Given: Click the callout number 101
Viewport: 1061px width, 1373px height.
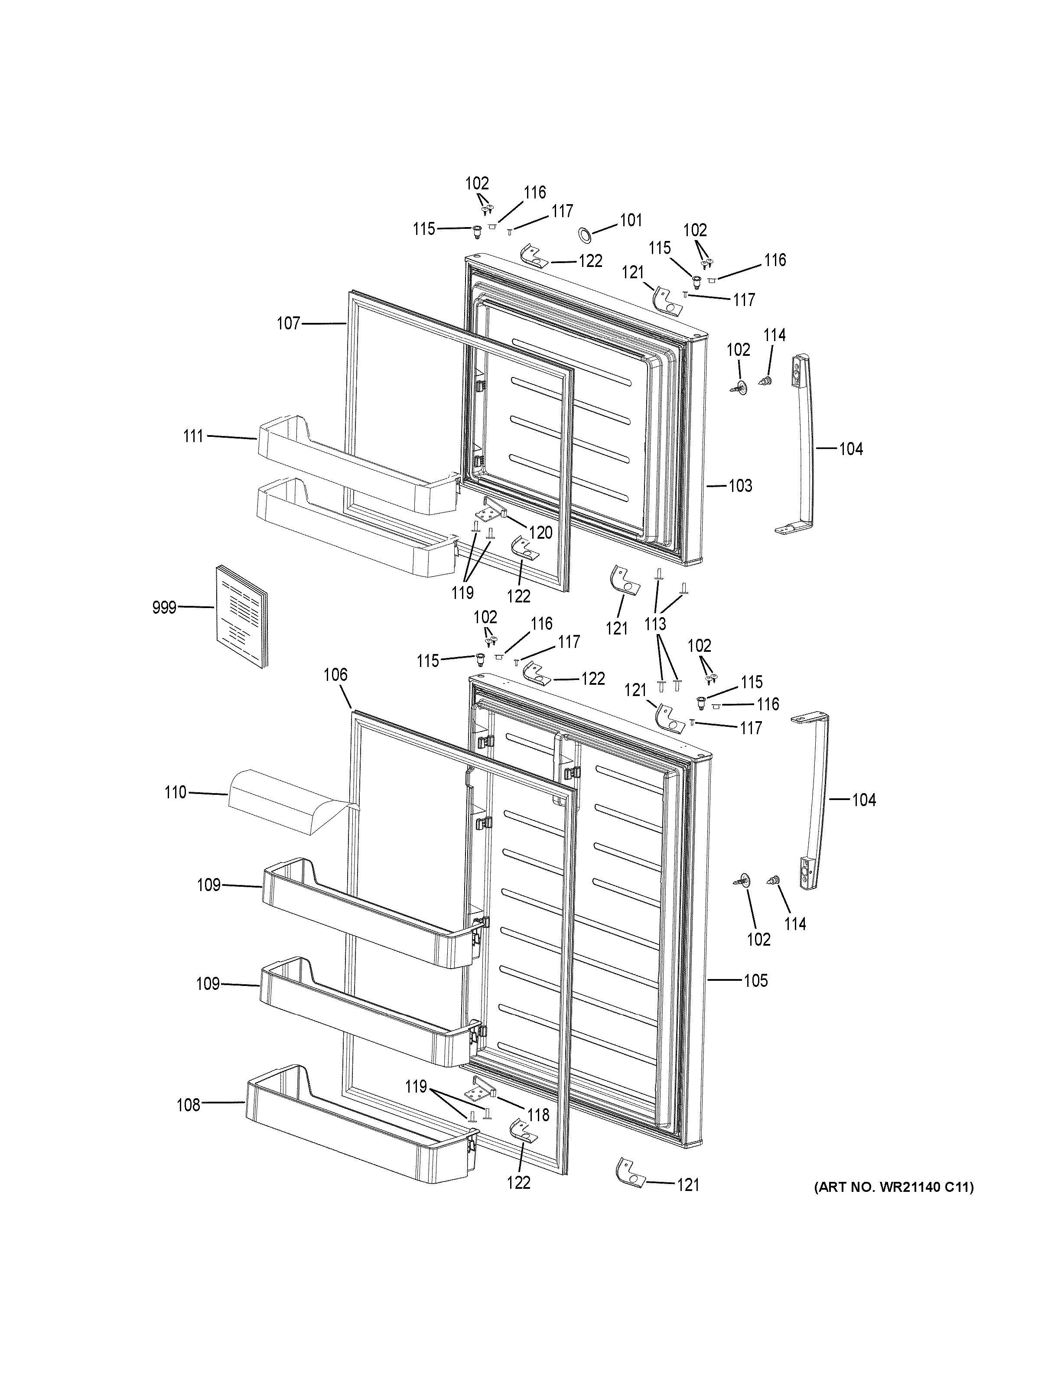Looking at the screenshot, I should pos(631,220).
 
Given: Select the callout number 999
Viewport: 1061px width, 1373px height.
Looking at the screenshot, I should pos(164,608).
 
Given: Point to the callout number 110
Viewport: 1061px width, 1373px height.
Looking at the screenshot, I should pos(176,793).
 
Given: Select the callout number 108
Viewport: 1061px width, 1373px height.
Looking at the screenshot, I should pos(188,1105).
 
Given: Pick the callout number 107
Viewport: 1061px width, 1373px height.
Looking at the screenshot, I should pos(289,324).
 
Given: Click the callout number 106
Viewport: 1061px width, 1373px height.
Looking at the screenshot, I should pos(335,675).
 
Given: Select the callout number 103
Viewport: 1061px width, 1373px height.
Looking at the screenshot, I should pos(740,486).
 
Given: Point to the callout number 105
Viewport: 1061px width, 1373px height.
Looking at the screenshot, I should pos(755,981).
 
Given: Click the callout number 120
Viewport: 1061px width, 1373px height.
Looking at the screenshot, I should pos(540,533).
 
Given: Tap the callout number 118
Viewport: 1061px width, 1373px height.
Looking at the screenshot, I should pos(538,1115).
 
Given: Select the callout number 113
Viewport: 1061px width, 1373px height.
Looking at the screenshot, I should pos(655,624).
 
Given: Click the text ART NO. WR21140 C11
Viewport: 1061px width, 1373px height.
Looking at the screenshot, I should pos(893,1187).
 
